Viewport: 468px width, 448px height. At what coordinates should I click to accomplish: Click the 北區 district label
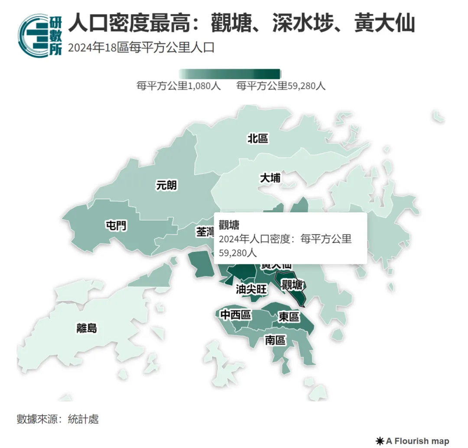point(258,138)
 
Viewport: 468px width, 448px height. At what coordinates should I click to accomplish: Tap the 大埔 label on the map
point(270,178)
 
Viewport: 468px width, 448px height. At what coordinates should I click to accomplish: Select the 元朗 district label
point(166,185)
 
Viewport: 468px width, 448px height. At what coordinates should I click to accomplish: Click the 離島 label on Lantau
point(87,328)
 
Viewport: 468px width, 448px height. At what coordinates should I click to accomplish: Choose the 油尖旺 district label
point(251,289)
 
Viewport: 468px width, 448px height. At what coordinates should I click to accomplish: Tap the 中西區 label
point(236,315)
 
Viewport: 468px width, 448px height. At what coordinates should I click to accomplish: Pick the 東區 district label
point(289,317)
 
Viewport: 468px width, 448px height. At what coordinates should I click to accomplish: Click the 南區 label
point(275,340)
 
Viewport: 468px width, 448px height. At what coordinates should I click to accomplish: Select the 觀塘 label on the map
point(292,285)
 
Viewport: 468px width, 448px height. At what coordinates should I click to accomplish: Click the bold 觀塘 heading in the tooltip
point(229,225)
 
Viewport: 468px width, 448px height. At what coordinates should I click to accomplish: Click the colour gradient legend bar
point(230,74)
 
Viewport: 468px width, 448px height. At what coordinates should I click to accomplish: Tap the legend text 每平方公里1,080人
point(179,86)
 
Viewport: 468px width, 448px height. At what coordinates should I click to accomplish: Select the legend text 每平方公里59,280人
point(281,86)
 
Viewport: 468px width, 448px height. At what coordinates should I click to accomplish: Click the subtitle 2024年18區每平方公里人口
point(141,47)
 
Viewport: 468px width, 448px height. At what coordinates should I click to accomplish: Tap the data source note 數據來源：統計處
point(58,419)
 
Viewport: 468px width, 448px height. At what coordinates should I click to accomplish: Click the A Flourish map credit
point(413,441)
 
